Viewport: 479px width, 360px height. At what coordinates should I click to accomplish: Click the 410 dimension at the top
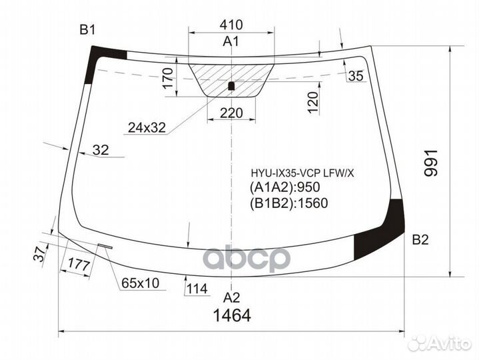(x=231, y=25)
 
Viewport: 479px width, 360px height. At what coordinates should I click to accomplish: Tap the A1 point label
(x=231, y=42)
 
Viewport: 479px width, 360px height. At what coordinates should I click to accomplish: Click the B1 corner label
(x=88, y=29)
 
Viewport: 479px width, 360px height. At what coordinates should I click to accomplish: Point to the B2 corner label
(x=420, y=240)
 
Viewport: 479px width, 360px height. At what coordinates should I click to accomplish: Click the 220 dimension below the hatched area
(x=231, y=113)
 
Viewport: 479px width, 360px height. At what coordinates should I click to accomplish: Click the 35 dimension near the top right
(x=356, y=76)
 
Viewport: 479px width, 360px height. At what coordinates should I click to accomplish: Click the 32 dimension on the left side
(x=101, y=151)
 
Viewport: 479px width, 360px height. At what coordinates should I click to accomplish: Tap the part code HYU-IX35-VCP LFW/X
(x=303, y=173)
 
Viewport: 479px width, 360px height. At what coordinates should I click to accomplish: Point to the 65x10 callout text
(x=140, y=283)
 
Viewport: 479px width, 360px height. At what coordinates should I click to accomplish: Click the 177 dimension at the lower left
(x=79, y=265)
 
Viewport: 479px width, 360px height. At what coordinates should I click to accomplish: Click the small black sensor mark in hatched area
(x=231, y=85)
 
